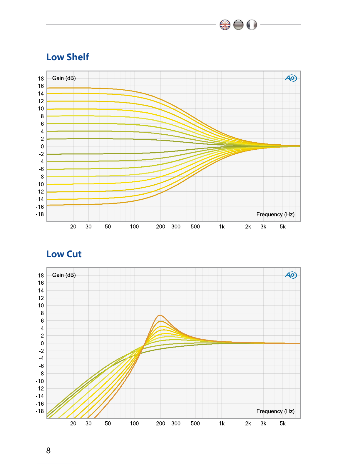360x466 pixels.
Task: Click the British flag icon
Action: tap(225, 25)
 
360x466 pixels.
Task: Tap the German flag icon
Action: tap(238, 25)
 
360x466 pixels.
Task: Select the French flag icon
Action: tap(252, 25)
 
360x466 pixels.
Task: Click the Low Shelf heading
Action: tap(68, 57)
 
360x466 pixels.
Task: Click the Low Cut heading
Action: tap(64, 254)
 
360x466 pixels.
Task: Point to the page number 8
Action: tap(48, 450)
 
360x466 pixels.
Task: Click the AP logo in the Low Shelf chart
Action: tap(291, 78)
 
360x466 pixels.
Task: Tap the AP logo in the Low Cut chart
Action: tap(291, 275)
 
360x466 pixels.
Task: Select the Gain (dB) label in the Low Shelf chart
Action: tap(64, 78)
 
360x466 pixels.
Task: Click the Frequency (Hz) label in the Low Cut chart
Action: tap(275, 411)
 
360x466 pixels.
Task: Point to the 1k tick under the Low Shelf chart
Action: tap(222, 227)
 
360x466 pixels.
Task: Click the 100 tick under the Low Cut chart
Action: tap(134, 424)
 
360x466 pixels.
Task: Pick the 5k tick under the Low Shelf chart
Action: tap(283, 227)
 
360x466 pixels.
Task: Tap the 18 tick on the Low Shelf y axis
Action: tap(41, 78)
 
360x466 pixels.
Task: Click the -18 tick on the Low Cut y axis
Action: tap(40, 411)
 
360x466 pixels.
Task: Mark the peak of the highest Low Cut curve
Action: tap(160, 315)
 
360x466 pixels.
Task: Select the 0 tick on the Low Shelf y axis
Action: tap(42, 146)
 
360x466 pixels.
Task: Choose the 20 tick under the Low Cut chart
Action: tap(73, 424)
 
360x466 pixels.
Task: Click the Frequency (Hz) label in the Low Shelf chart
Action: tap(275, 214)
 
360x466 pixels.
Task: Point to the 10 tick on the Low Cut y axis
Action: tap(41, 305)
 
